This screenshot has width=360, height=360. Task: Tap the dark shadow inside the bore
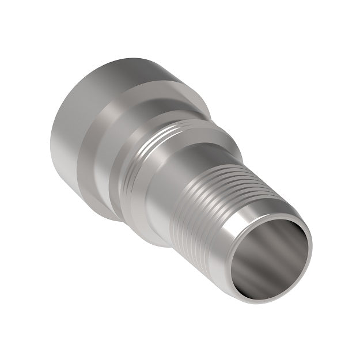click(253, 271)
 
